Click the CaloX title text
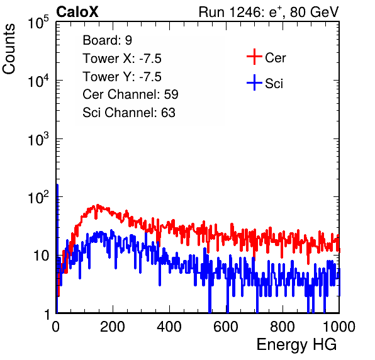click(77, 12)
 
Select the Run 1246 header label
click(269, 12)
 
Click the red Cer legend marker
click(254, 57)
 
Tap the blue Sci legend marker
click(254, 82)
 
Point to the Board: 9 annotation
click(108, 40)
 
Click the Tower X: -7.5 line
click(122, 59)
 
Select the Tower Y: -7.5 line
click(122, 77)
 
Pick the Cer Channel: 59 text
click(130, 94)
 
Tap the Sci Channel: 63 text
click(129, 113)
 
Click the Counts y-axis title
click(9, 49)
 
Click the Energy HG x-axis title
click(296, 345)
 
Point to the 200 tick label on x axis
click(113, 327)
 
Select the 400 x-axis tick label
click(169, 327)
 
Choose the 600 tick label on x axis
click(226, 327)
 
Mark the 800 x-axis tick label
click(283, 327)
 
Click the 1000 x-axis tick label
click(339, 327)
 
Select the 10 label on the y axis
click(41, 256)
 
